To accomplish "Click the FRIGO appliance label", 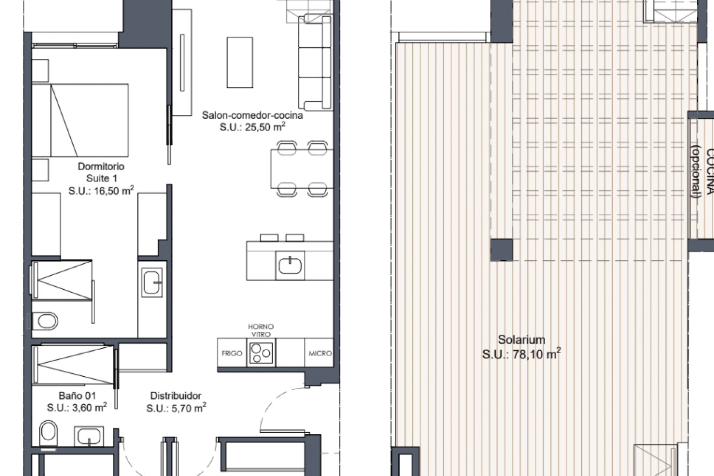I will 232,353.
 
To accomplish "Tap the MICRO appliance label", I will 320,353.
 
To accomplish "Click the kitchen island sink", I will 290,265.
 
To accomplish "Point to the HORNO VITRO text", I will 261,330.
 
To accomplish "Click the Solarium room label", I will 521,340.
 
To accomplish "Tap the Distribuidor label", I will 176,396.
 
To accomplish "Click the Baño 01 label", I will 77,396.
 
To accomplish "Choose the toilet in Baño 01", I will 48,433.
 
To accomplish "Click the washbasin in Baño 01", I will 89,436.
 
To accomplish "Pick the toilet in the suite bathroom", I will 45,321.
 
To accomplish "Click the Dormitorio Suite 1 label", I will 101,172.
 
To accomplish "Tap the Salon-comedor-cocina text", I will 252,115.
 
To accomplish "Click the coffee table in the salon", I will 240,62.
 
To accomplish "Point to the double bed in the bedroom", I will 80,120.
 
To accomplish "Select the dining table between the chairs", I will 301,168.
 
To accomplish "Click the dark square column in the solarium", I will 501,250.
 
